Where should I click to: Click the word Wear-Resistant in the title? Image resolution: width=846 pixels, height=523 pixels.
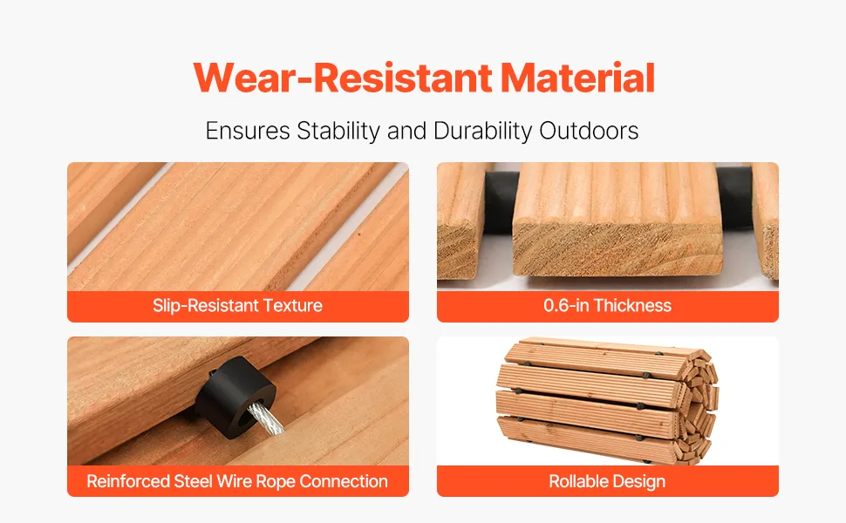343,78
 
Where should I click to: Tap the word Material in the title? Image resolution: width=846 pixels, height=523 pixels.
577,78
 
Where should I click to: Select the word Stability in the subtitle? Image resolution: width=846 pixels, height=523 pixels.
338,131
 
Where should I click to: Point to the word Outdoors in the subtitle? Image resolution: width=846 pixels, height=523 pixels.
589,131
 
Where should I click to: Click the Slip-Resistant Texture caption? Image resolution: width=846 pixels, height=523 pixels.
237,306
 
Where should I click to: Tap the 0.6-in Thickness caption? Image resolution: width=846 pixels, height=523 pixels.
608,306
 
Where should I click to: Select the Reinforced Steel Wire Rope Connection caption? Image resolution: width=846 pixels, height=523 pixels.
237,481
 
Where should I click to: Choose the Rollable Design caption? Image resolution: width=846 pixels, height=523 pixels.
607,481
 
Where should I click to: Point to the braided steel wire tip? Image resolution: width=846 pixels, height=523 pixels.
268,419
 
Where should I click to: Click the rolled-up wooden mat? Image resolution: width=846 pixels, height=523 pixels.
608,400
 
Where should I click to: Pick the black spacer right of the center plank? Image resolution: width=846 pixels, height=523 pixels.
735,197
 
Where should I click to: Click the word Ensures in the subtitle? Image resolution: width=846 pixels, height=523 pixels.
248,131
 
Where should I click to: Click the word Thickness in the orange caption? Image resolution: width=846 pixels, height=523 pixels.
632,306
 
